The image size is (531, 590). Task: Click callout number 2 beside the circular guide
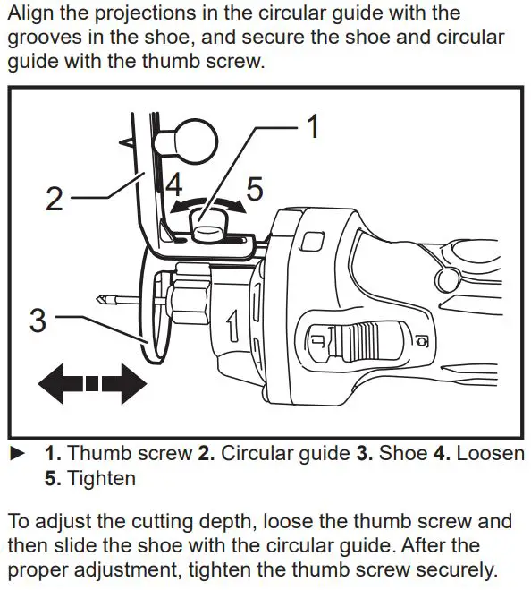coord(55,198)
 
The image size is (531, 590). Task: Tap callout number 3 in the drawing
coord(38,320)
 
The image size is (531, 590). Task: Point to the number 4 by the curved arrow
coord(174,187)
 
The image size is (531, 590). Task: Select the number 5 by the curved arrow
coord(255,189)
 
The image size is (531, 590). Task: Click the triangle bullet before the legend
coord(14,453)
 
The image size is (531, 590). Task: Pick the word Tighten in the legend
coord(103,478)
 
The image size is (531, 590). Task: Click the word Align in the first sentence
coord(32,13)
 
